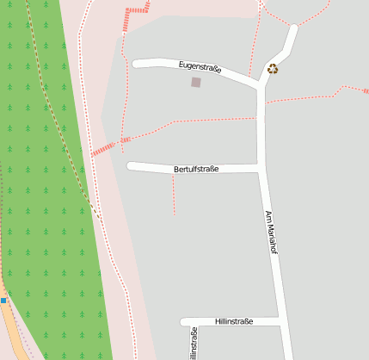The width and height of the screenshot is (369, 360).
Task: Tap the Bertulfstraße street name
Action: click(196, 170)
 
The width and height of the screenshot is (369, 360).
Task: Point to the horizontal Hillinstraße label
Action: click(234, 321)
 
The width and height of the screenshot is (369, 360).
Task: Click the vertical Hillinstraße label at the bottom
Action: click(194, 343)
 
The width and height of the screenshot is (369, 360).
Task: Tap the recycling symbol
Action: click(273, 69)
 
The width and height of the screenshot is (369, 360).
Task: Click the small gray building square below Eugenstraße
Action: click(196, 83)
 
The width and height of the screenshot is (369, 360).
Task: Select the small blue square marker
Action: click(3, 300)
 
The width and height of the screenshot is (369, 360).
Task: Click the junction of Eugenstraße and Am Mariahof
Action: click(261, 84)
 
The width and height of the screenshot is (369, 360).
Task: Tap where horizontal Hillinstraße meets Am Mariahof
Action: click(280, 321)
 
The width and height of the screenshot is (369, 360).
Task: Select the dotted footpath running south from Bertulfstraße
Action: click(174, 194)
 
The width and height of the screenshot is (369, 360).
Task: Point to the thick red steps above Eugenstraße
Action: click(137, 11)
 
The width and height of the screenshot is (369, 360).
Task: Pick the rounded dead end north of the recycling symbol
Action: click(292, 30)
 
